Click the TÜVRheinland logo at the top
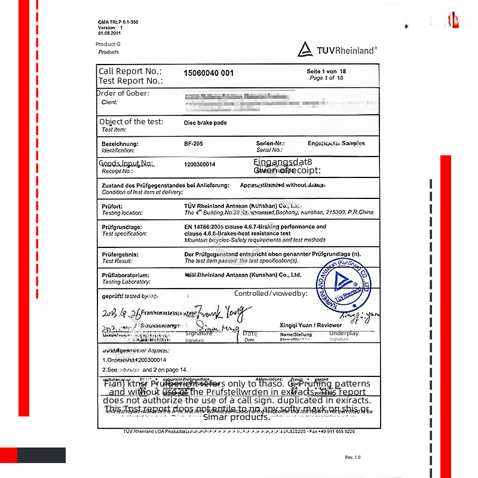(x=338, y=50)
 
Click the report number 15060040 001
(x=209, y=73)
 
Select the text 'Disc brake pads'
(x=206, y=123)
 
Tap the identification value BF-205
(x=194, y=143)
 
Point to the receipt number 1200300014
(x=200, y=164)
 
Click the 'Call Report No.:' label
(x=130, y=71)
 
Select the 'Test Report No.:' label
(x=130, y=81)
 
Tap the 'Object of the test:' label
(x=131, y=121)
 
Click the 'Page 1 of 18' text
(x=326, y=78)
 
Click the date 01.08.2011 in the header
(x=110, y=33)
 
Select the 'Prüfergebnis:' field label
(x=120, y=255)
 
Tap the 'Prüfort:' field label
(x=112, y=206)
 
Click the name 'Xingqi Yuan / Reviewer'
(x=311, y=325)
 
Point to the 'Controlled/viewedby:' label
(x=271, y=293)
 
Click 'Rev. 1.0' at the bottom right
(x=353, y=457)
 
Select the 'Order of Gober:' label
(x=123, y=93)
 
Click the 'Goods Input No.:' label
(x=126, y=163)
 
